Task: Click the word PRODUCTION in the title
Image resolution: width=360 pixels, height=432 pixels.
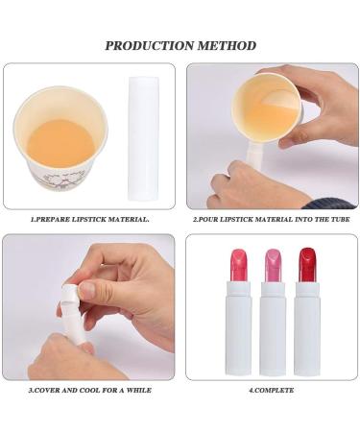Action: (147, 45)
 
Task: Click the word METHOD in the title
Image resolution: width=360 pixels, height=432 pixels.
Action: (224, 45)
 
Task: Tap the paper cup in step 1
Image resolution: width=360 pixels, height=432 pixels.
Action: (60, 139)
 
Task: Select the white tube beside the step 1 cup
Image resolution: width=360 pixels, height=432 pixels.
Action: (142, 138)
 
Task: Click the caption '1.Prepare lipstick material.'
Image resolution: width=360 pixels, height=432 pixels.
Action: (89, 219)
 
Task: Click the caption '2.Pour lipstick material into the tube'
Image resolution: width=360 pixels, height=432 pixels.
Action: (271, 219)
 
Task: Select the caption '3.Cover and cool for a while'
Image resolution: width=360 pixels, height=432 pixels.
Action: (89, 390)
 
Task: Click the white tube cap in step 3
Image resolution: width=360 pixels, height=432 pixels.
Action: (69, 293)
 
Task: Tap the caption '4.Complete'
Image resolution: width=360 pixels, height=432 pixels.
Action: (272, 390)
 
